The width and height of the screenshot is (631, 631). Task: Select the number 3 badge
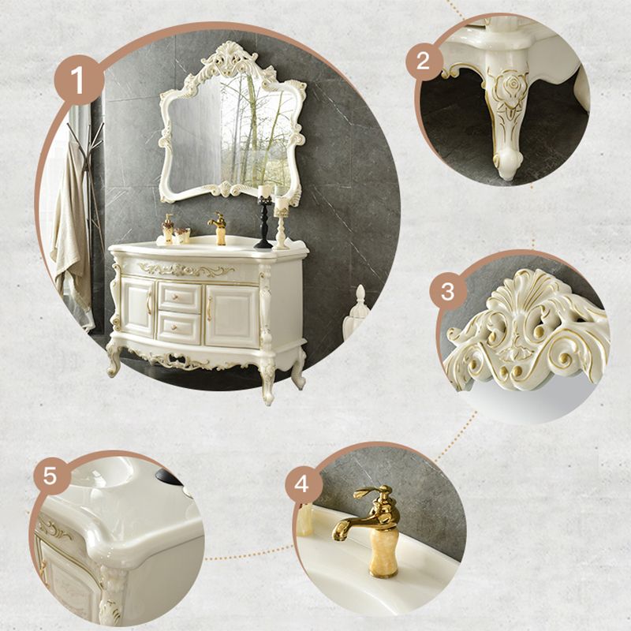pos(447,292)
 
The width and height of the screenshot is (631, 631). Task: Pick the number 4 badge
pos(302,483)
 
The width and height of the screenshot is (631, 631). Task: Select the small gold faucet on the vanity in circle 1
pos(218,227)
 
